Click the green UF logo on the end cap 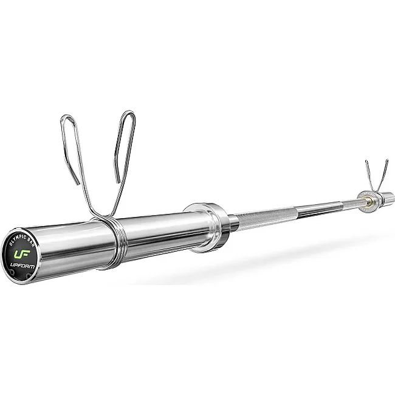[22, 254]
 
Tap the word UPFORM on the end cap [22, 265]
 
